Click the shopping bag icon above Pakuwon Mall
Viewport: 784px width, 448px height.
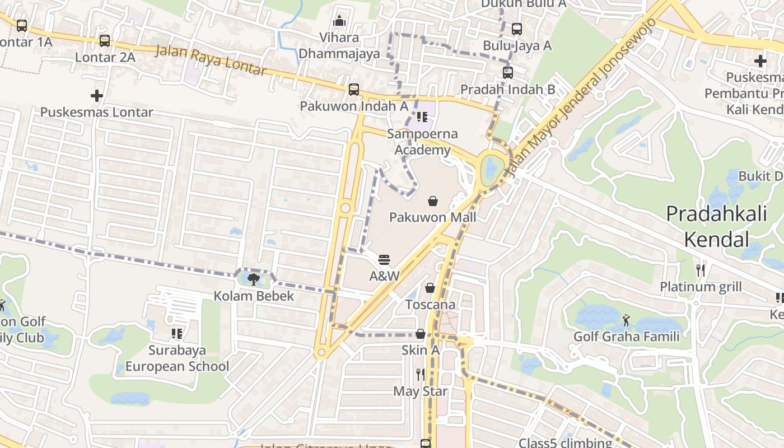(432, 201)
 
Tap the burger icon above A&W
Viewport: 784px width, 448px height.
(384, 259)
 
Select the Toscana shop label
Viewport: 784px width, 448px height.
(430, 305)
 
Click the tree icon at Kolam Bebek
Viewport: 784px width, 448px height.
(253, 279)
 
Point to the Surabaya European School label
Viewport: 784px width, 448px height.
(177, 358)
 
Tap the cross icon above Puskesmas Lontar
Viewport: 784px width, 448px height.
(97, 96)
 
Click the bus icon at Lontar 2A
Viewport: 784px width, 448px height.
(105, 40)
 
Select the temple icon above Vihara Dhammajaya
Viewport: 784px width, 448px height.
(339, 21)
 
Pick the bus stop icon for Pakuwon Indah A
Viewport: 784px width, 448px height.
(354, 89)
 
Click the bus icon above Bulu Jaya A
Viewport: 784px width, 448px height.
(517, 29)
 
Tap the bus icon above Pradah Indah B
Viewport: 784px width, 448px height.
(508, 72)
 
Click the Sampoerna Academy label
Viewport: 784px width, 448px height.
(422, 142)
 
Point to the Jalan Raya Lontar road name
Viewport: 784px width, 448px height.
(211, 60)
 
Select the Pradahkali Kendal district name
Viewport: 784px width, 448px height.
(717, 226)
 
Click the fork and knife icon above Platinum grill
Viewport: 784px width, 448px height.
(700, 270)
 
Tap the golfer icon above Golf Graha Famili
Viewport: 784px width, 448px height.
(626, 320)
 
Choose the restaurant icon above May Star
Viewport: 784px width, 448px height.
(420, 375)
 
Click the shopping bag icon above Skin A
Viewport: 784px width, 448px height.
(421, 334)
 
